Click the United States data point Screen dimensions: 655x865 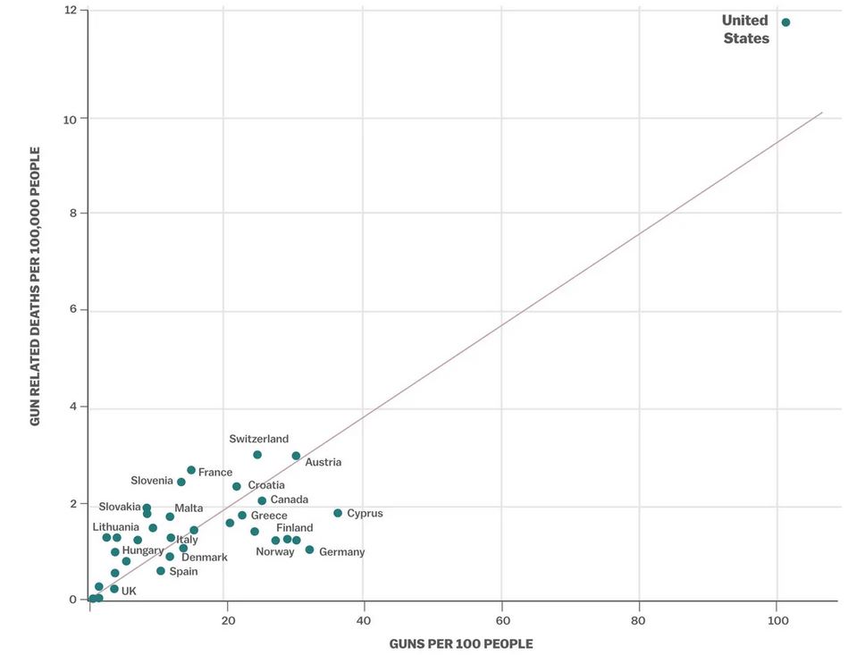tap(785, 22)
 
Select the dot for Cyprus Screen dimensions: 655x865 tap(338, 513)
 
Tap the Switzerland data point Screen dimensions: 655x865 tap(257, 455)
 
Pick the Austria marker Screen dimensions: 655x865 tap(296, 456)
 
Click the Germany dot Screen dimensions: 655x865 tap(309, 550)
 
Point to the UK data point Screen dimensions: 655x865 tap(114, 589)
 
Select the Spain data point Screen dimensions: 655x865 tap(161, 571)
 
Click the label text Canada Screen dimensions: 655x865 tap(289, 500)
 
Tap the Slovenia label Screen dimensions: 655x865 tap(152, 481)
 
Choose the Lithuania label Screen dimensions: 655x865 tap(116, 527)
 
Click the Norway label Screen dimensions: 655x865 tap(274, 551)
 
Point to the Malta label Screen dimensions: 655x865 tap(189, 508)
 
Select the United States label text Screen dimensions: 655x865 tap(745, 29)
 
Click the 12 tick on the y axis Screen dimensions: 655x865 tap(71, 10)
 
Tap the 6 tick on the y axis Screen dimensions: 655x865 tap(73, 310)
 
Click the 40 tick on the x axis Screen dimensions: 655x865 tap(364, 619)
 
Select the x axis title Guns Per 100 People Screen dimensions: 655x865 tap(461, 644)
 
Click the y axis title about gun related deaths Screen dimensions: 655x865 tap(36, 286)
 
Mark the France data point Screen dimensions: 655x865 tap(191, 470)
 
